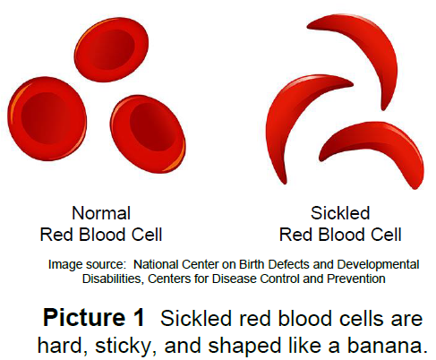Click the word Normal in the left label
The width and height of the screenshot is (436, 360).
[100, 213]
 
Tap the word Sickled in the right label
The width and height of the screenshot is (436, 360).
[339, 213]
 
